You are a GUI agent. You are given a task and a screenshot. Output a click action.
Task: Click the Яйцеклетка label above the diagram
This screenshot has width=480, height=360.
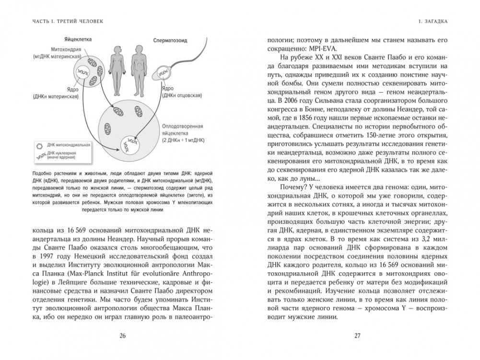coord(78,39)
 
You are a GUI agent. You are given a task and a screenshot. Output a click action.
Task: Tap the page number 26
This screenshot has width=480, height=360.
coord(122,336)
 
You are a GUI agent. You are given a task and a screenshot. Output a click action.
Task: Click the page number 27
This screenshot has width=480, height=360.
coord(357,336)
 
